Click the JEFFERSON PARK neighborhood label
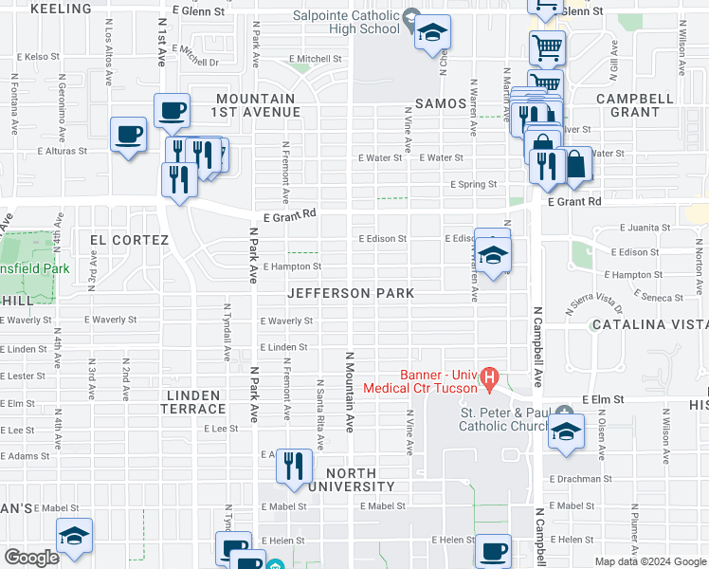352,293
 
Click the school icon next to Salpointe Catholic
432,35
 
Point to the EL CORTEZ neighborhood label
129,240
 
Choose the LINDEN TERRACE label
196,401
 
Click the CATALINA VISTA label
649,325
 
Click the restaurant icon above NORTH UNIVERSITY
295,466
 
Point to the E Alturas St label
63,151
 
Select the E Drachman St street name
575,479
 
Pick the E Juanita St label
645,228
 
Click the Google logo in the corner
32,557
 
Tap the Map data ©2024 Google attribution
649,561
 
